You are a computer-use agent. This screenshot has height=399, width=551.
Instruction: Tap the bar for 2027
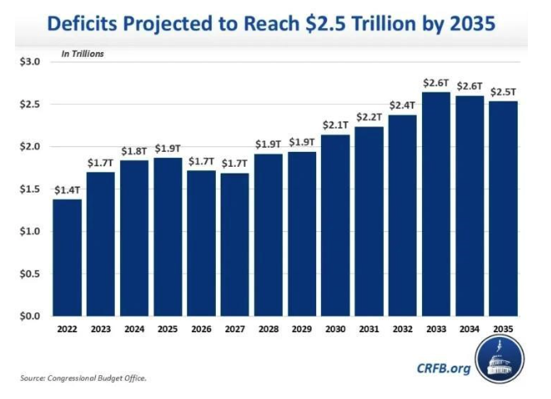click(x=235, y=245)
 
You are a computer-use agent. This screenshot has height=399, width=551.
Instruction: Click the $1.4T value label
click(x=68, y=190)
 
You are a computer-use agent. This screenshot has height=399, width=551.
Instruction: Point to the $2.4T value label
click(x=403, y=105)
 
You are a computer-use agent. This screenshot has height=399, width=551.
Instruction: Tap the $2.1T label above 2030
click(x=336, y=125)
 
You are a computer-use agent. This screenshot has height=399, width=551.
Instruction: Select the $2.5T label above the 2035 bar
click(x=503, y=92)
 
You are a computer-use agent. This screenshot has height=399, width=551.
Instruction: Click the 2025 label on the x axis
click(x=168, y=329)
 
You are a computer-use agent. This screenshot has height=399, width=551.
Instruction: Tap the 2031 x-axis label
click(x=369, y=329)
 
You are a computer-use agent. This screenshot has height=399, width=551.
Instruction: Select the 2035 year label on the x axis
click(x=503, y=329)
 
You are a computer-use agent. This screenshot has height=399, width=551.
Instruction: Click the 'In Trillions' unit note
click(x=83, y=54)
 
